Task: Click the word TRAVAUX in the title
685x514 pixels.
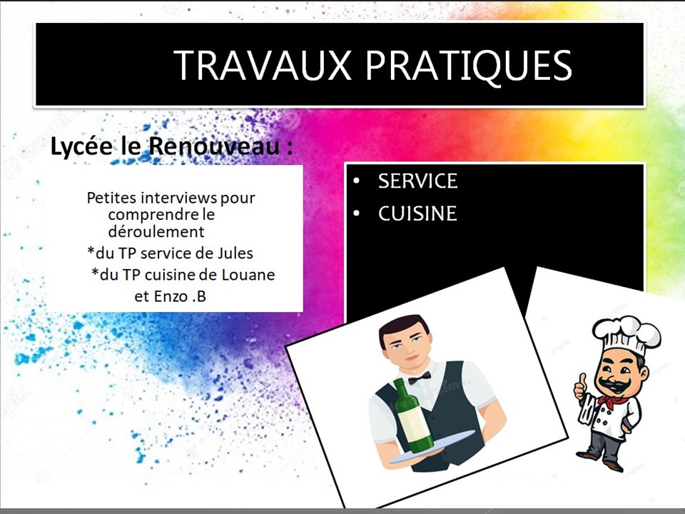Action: point(263,65)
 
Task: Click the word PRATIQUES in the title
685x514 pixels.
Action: point(469,66)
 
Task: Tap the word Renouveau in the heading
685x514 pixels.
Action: point(214,146)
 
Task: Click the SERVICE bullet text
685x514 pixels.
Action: point(417,181)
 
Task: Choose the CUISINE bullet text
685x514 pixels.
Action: point(417,213)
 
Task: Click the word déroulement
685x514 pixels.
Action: point(156,231)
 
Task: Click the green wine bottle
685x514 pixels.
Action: point(412,416)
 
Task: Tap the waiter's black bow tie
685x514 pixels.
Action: point(420,378)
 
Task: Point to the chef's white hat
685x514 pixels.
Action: point(626,334)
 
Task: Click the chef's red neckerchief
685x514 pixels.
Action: point(612,400)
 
